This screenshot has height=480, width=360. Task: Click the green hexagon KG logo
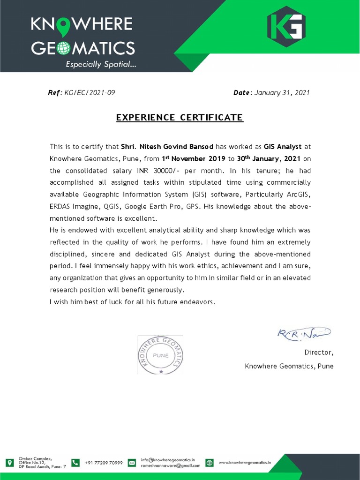[x=286, y=26]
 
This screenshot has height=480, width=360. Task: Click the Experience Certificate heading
[x=180, y=117]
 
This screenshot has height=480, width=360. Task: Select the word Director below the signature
[x=319, y=352]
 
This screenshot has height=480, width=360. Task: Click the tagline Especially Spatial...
[x=101, y=65]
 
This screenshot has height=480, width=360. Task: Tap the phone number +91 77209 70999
[x=104, y=463]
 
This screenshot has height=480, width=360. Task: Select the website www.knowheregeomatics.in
[x=245, y=463]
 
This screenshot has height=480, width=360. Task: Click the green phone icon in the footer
[x=75, y=463]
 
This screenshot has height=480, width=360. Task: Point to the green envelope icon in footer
[x=132, y=463]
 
